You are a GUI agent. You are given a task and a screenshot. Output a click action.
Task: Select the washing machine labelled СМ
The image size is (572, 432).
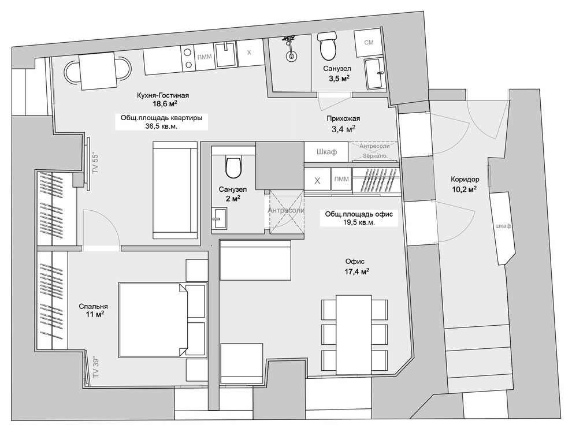(369, 43)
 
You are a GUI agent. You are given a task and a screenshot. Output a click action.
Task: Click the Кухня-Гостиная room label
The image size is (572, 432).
(163, 95)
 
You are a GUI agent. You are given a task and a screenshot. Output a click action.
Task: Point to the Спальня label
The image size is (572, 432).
(94, 307)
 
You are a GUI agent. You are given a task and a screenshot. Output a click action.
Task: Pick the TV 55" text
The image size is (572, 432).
(95, 163)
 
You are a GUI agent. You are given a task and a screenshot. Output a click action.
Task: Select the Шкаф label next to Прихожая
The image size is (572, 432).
(326, 152)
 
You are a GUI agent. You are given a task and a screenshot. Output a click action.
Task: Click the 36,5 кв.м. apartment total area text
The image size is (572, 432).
(161, 126)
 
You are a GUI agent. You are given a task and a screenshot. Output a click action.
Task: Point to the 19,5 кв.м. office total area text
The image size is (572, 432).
(359, 222)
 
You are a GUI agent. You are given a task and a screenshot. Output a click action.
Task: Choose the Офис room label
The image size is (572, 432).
(355, 262)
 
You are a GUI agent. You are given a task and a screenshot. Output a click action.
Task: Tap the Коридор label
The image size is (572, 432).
(465, 179)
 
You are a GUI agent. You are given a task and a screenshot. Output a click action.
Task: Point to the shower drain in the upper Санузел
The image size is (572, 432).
(291, 56)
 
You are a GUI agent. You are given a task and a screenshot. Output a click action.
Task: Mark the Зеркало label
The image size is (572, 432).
(374, 156)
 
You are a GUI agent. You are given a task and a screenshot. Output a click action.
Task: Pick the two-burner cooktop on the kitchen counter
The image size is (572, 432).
(188, 58)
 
